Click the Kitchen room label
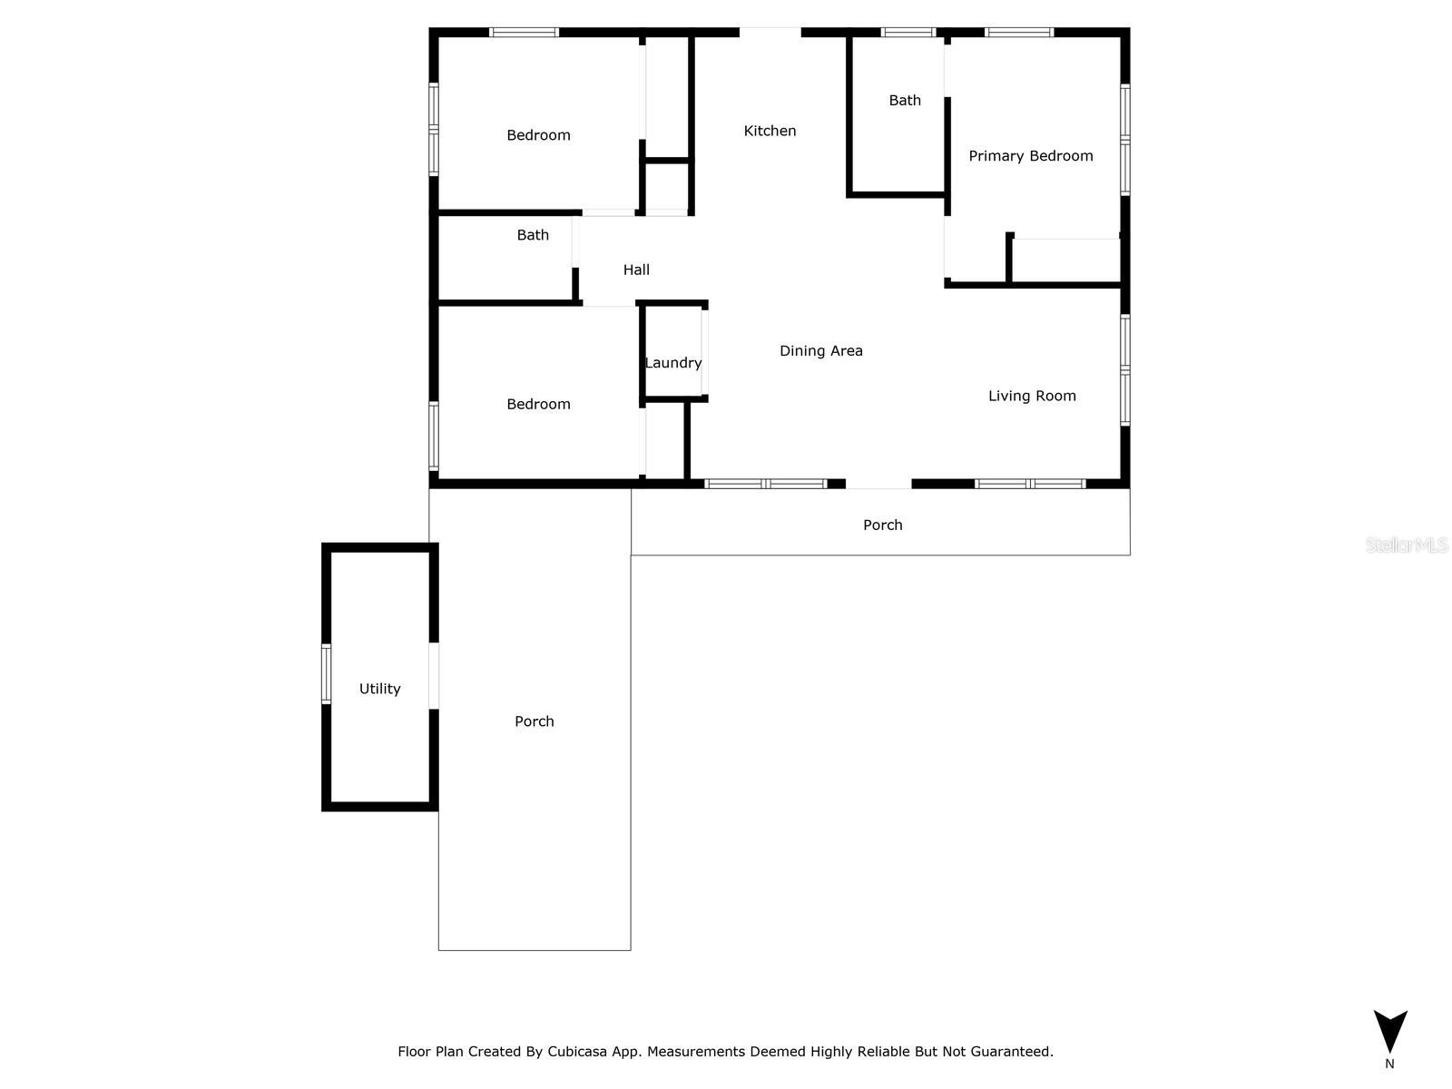point(770,131)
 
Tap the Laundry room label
point(673,363)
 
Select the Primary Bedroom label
point(1030,156)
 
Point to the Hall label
point(636,270)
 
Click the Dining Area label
point(820,351)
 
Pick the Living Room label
point(1032,396)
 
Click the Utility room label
point(379,689)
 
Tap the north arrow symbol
point(1389,1033)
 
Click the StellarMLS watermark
point(1407,544)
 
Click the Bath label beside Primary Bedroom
point(904,101)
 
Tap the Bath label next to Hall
point(533,235)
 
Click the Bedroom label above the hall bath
point(538,135)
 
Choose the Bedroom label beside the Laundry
point(538,405)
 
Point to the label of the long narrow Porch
point(534,721)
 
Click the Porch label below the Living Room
point(882,525)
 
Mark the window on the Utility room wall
point(327,673)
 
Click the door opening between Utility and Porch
point(434,675)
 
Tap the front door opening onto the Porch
point(878,485)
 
